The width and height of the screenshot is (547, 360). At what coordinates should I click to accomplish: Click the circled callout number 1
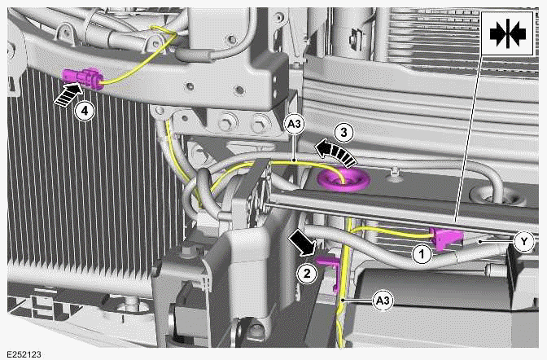click(x=421, y=253)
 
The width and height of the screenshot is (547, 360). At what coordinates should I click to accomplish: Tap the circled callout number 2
click(x=306, y=273)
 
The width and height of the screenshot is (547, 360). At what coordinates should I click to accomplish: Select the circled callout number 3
click(x=345, y=131)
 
